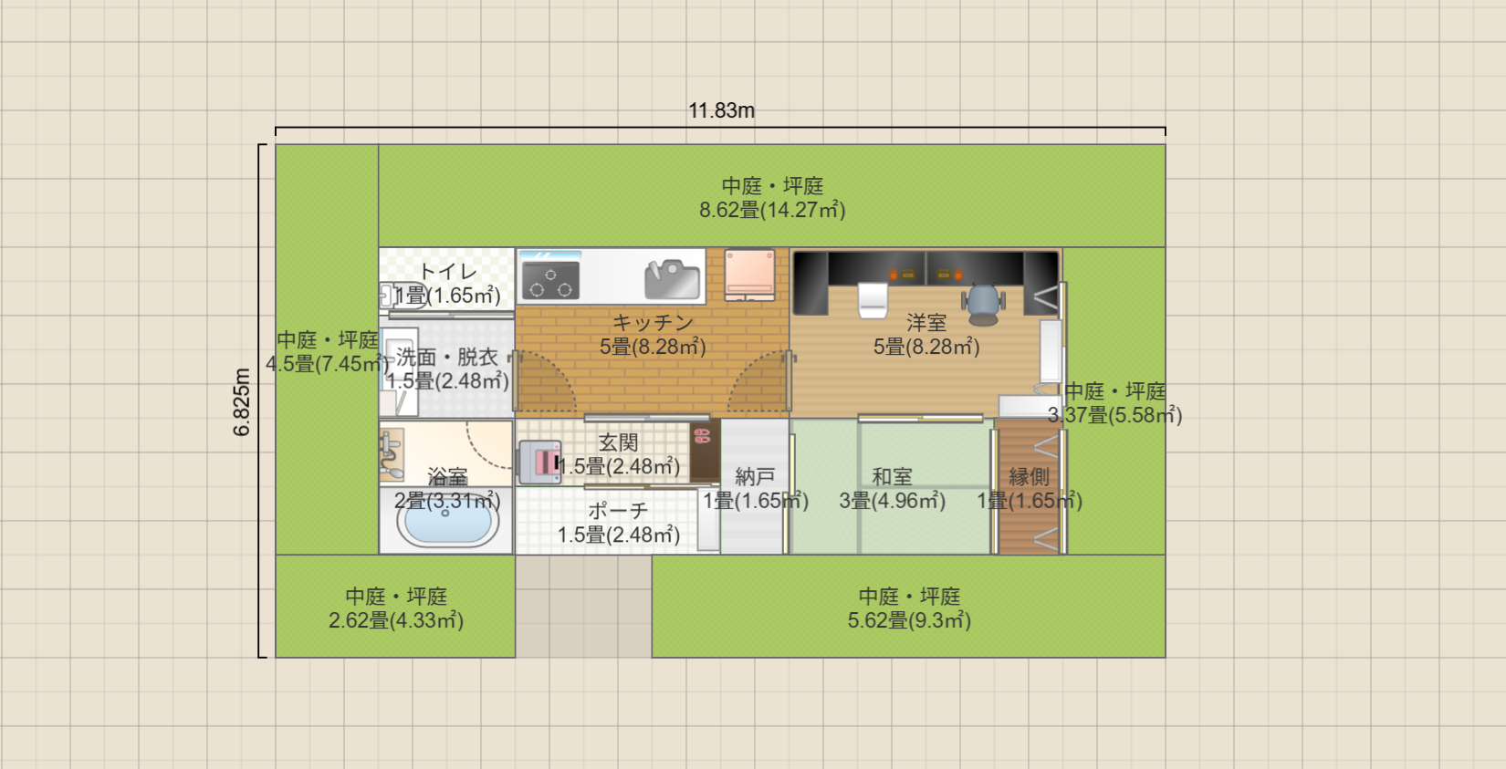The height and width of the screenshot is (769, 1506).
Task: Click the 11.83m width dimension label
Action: pos(721,111)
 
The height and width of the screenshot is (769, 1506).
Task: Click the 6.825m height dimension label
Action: pos(242,402)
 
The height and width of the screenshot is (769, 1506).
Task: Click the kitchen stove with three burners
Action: pos(550,280)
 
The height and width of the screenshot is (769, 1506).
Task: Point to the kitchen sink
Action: pos(672,279)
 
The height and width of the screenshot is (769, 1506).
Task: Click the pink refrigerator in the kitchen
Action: pos(749,274)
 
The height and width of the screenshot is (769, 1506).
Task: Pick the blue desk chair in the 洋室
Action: pos(983,303)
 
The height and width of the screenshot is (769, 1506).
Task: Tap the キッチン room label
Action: pos(653,323)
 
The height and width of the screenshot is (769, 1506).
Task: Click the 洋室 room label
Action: pos(926,323)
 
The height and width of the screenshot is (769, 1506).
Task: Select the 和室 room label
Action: pos(892,477)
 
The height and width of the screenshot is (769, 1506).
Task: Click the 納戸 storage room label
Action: pos(755,477)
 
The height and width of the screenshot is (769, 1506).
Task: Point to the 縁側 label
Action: pos(1029,477)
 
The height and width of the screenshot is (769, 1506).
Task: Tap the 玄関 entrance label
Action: pos(618,443)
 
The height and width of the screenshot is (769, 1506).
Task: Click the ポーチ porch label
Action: pos(618,511)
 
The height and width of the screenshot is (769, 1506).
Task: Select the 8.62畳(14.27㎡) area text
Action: pos(772,211)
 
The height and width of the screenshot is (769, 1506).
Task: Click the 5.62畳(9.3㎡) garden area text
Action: pos(909,621)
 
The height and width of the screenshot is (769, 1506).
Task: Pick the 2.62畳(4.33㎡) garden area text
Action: pos(396,621)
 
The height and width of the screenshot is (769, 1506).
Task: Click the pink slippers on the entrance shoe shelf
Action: pos(701,436)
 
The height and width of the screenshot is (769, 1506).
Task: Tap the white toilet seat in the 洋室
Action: pos(873,299)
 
